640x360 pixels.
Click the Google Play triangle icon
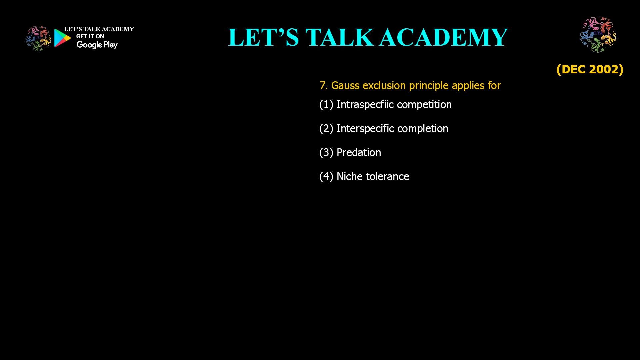coord(62,38)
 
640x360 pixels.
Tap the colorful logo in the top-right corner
coord(598,35)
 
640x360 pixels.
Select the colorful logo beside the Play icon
coord(38,39)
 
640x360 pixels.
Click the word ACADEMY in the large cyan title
coord(443,37)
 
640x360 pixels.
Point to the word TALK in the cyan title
coord(339,37)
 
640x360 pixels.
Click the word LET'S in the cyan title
coord(263,37)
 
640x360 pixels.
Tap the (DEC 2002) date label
coord(590,69)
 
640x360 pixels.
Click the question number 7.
coord(323,86)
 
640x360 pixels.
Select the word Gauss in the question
coord(345,86)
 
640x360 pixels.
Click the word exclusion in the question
coord(384,86)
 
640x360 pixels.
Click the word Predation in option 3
coord(359,152)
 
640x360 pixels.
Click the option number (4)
coord(326,176)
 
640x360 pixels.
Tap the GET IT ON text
coord(90,36)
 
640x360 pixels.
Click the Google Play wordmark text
coord(97,45)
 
